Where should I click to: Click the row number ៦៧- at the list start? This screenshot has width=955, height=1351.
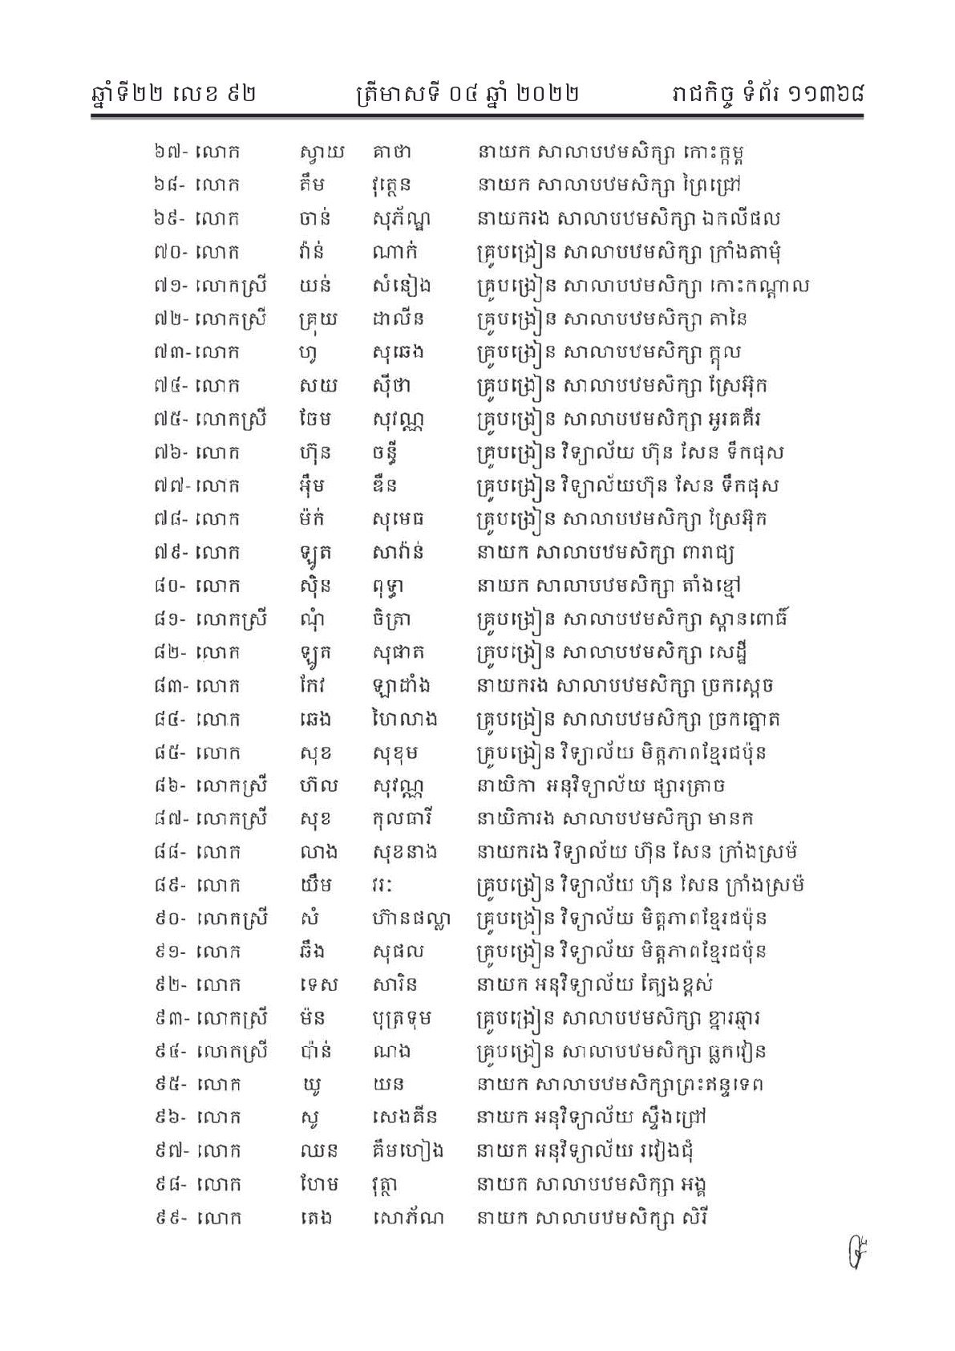point(171,152)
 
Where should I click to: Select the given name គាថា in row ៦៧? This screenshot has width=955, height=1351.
point(392,152)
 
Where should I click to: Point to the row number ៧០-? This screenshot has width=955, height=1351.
point(171,252)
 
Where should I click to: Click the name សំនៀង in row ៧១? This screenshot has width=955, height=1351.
point(398,286)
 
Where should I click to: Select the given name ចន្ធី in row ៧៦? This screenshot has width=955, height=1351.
point(384,452)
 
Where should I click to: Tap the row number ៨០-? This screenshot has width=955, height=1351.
point(171,586)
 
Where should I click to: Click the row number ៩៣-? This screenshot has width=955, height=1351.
point(171,1018)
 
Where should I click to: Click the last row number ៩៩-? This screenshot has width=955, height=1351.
point(171,1218)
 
